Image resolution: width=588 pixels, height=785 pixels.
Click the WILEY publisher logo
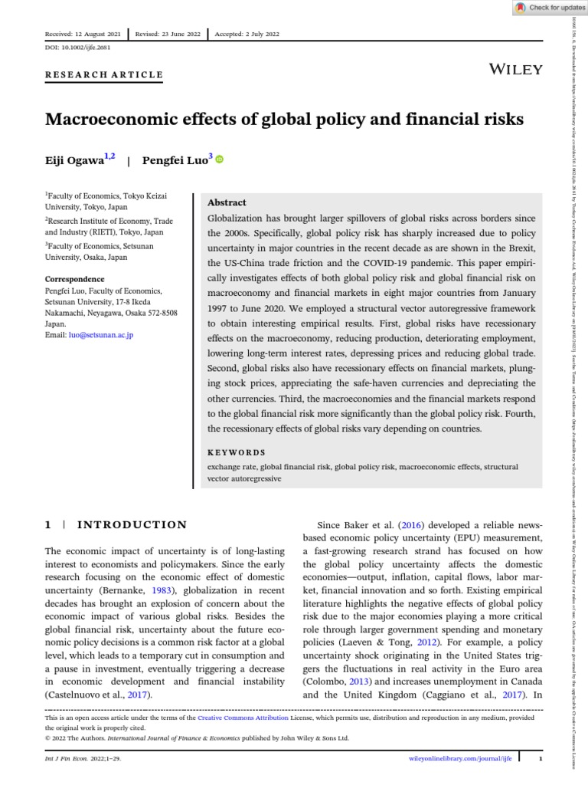click(x=515, y=70)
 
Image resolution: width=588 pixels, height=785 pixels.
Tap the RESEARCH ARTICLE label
click(x=104, y=74)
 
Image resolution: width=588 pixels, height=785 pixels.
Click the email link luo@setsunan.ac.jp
click(x=100, y=336)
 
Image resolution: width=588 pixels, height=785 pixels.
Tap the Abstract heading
click(x=227, y=202)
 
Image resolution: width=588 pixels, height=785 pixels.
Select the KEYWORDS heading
click(x=237, y=452)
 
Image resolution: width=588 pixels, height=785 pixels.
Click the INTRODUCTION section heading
click(x=129, y=525)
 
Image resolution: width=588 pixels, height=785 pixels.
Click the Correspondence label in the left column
click(x=75, y=279)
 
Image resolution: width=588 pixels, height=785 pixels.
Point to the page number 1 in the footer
click(x=540, y=758)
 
